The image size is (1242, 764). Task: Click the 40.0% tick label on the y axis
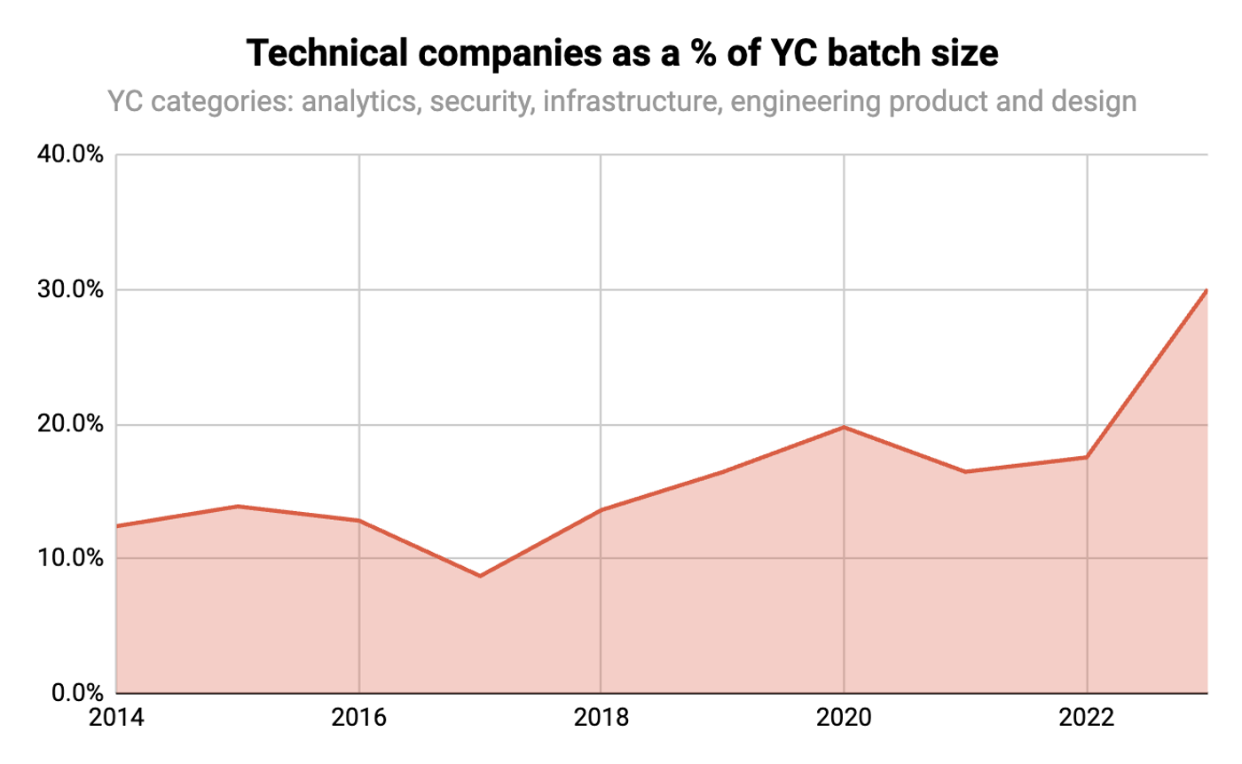70,154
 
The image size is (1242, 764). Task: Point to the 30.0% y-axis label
70,289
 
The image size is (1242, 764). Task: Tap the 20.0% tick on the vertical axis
70,424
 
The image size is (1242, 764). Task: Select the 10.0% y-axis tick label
70,558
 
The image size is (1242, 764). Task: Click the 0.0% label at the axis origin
77,693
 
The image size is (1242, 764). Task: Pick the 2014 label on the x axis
116,718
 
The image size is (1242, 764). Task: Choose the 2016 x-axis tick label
358,718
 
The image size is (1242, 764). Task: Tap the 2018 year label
601,718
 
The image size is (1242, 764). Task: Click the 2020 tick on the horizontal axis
844,718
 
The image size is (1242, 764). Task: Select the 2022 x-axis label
1086,718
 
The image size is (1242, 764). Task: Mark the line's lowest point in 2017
480,576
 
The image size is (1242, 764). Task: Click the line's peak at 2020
844,427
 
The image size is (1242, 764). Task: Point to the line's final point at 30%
1207,290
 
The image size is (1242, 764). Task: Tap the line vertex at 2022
1087,457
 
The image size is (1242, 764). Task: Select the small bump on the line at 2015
238,506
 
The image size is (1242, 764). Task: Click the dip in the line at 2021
965,472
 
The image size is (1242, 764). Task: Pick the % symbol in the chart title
703,54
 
